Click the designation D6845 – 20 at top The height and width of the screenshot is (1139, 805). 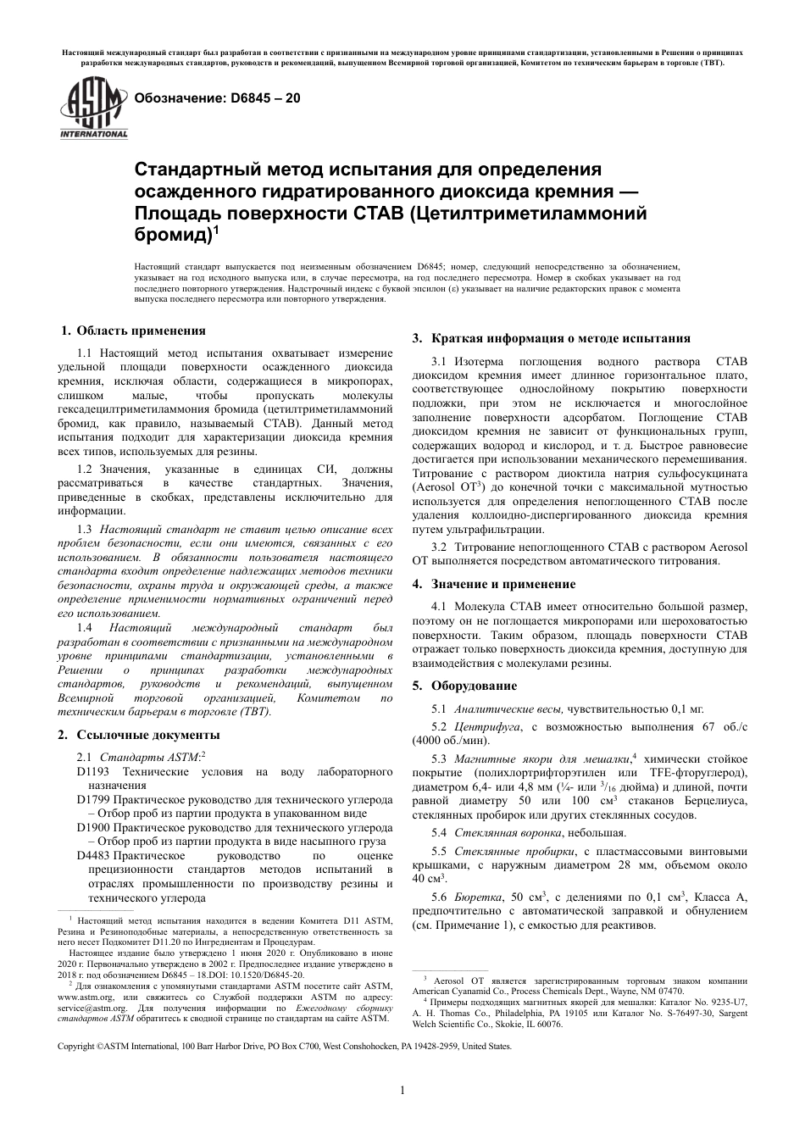[x=212, y=98]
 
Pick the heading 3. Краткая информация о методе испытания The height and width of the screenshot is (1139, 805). [x=551, y=338]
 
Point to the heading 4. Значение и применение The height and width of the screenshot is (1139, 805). [x=494, y=584]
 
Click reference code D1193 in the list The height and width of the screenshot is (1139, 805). [x=93, y=772]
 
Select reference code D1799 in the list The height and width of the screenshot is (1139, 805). [x=93, y=799]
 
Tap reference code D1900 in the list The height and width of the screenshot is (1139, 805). [x=93, y=827]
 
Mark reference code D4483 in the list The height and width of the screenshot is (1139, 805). [x=93, y=856]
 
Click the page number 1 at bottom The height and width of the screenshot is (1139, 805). [x=402, y=1090]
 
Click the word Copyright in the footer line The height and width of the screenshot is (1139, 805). [x=75, y=1047]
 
